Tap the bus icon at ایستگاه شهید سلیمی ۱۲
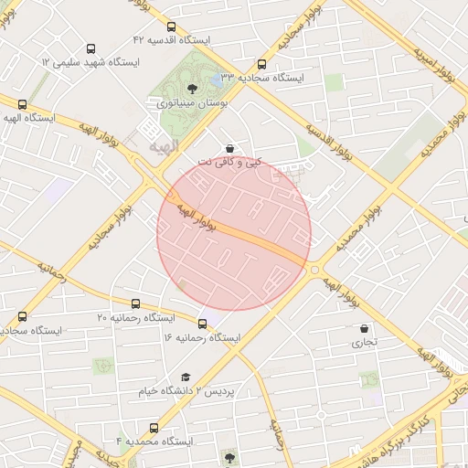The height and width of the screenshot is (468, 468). (90, 48)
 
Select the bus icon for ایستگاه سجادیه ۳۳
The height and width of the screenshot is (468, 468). (262, 65)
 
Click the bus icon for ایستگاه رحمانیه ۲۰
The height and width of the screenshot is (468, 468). (136, 303)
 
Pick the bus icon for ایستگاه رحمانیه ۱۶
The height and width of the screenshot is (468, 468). (202, 324)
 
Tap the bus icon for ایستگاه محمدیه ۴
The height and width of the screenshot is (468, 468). (154, 427)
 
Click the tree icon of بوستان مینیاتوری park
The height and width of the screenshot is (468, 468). (192, 89)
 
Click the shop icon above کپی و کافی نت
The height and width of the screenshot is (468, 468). (229, 148)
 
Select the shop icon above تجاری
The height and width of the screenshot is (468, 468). (365, 328)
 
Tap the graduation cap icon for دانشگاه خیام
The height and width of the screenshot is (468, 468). (186, 377)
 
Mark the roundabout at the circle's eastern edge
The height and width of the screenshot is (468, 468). (314, 269)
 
